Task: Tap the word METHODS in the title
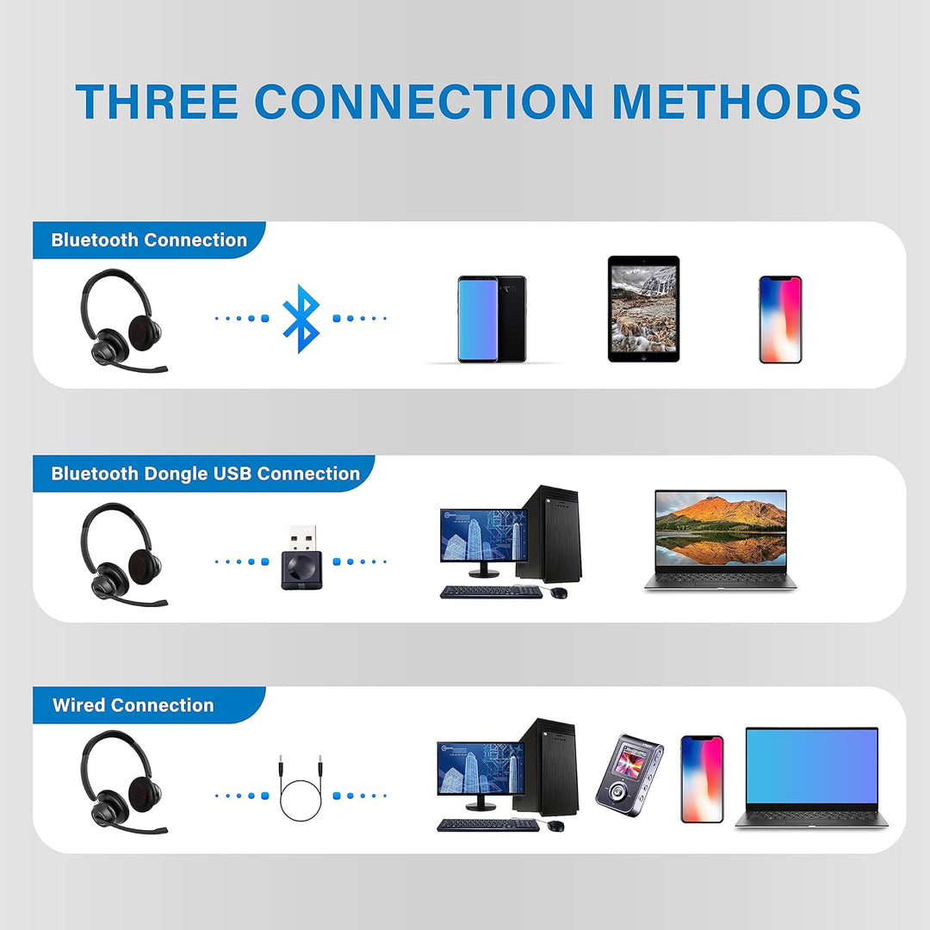point(737,101)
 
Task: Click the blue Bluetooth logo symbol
point(301,319)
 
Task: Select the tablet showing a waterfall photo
point(643,308)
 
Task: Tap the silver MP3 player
point(629,775)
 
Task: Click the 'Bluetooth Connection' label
point(149,240)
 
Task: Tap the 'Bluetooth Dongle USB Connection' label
point(205,474)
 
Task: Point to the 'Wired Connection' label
point(133,705)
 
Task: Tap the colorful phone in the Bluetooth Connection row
point(780,319)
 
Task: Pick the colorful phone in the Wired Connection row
point(702,778)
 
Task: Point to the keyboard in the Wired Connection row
point(487,825)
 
